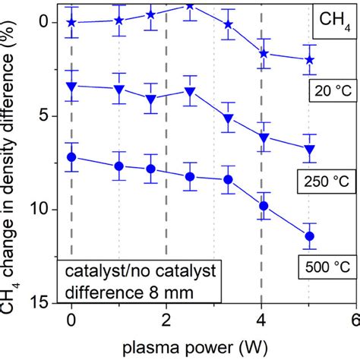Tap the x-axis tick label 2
point(166,320)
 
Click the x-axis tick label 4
point(261,320)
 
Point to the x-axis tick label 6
point(354,320)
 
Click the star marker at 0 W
point(71,23)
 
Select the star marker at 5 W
point(309,59)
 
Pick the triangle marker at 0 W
point(71,87)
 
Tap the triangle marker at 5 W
point(309,150)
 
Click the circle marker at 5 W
point(309,236)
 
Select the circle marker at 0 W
point(71,157)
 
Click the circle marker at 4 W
point(264,206)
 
